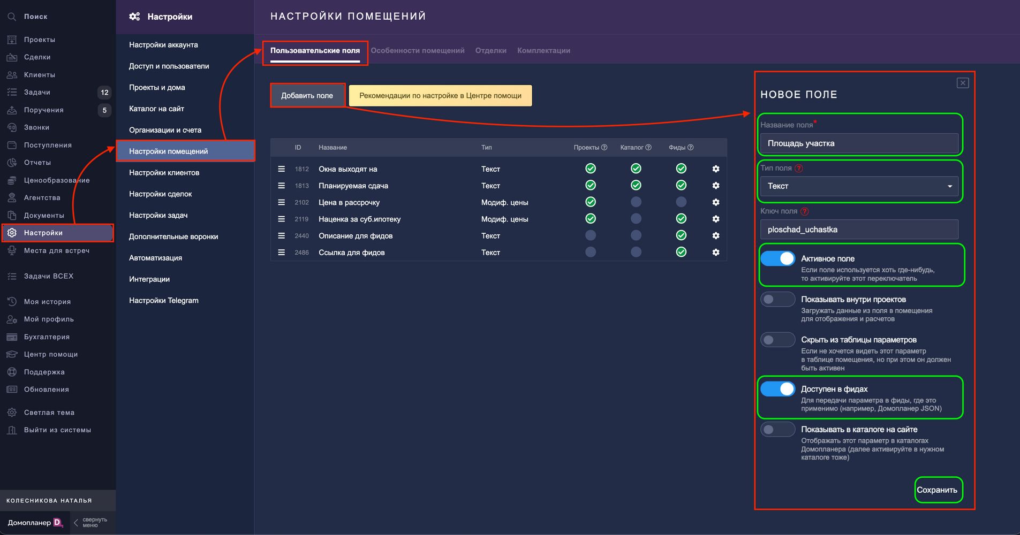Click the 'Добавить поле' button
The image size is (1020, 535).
(307, 96)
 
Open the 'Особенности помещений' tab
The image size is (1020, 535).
(417, 51)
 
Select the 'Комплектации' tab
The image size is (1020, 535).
(543, 51)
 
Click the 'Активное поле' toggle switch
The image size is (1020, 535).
(777, 259)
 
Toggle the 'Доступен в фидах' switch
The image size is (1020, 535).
(777, 389)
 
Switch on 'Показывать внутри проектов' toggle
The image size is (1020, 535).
(777, 300)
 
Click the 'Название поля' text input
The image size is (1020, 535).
(859, 143)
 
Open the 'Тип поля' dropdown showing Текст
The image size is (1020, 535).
(859, 186)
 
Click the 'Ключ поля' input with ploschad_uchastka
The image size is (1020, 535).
(859, 230)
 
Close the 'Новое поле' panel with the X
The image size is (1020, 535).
(963, 83)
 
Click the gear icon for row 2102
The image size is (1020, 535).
(716, 202)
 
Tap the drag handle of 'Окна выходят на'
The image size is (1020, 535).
(281, 169)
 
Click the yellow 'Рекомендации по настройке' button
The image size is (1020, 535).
(440, 96)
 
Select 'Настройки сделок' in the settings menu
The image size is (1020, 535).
(160, 194)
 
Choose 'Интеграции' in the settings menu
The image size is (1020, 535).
(149, 279)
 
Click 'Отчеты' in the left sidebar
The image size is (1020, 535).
(37, 163)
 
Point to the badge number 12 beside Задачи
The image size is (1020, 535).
(104, 93)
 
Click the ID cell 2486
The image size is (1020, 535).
(301, 253)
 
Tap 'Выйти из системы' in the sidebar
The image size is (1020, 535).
(57, 430)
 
